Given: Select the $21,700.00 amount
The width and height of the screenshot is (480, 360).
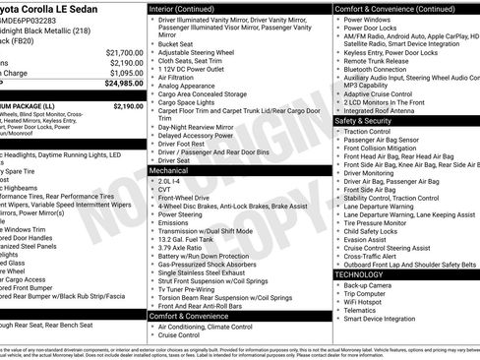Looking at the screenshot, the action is tap(124, 52).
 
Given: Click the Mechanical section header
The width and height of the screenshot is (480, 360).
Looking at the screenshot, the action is tap(169, 169).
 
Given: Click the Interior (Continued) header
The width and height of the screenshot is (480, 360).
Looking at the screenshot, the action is tap(189, 7).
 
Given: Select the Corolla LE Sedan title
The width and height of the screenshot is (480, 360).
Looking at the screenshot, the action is tap(59, 7).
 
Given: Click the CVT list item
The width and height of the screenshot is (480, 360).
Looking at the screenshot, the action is tap(168, 190).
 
